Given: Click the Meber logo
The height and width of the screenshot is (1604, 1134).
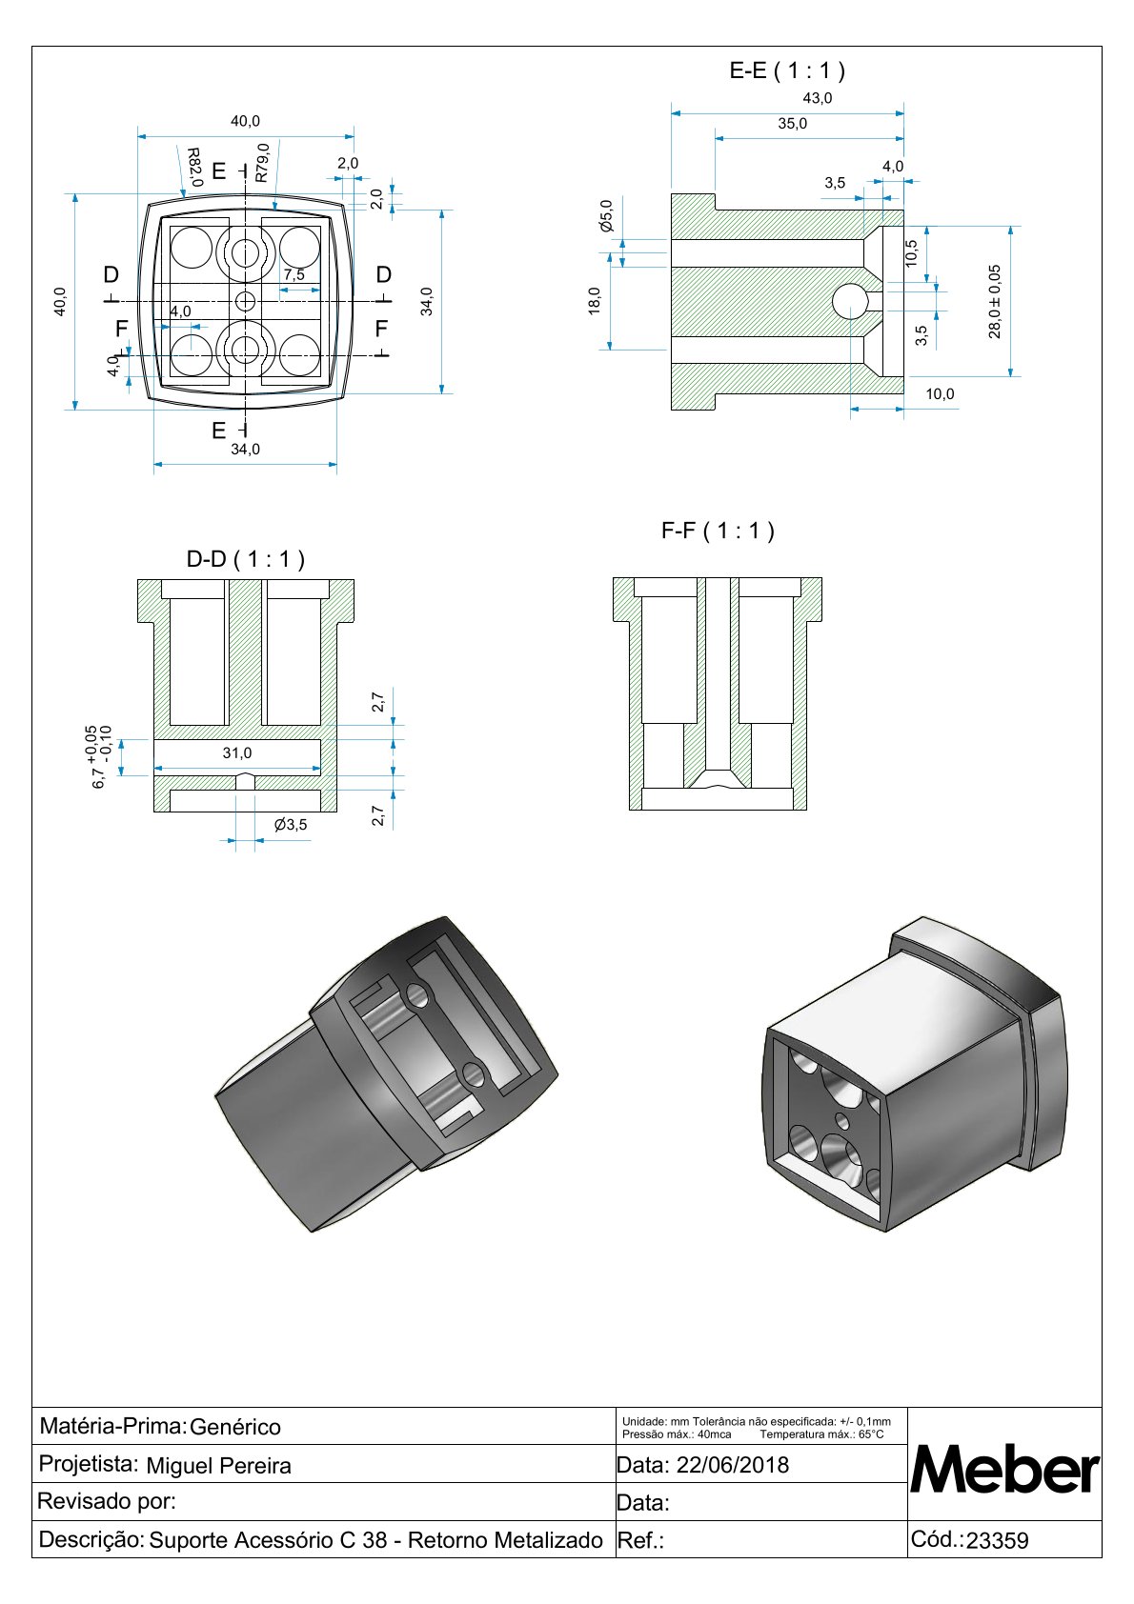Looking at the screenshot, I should point(1004,1471).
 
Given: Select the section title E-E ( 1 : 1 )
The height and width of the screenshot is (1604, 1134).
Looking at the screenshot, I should point(787,70).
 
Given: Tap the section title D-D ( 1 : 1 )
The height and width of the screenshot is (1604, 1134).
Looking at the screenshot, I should point(245,559).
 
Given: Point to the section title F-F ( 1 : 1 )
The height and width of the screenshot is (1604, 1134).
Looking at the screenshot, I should point(718,531).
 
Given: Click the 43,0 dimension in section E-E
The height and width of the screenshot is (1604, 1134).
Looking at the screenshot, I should point(818,98).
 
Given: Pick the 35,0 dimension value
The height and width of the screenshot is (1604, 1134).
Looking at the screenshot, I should point(792,124).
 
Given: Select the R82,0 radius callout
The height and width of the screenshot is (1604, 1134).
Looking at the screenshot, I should point(193,167).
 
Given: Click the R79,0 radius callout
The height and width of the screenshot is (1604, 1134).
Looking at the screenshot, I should point(262,163).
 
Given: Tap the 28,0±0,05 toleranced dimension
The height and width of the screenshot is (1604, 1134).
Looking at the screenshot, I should point(995,301).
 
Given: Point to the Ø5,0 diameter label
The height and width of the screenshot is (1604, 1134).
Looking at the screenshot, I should point(606,216).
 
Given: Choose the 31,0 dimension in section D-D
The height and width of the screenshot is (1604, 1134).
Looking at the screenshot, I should point(237,753).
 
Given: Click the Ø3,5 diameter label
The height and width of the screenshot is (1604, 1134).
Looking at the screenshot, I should point(291,825).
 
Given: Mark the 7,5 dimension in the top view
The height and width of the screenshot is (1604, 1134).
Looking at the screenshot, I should point(294,274).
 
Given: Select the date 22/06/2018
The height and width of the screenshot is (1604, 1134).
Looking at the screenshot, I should point(732,1465).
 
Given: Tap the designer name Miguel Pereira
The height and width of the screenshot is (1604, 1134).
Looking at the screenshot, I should point(218,1466).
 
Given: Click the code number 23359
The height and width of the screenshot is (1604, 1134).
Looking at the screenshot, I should point(997,1541).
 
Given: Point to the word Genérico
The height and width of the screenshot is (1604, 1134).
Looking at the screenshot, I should point(235,1427).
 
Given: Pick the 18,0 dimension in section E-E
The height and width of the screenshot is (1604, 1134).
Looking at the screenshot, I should point(595,301).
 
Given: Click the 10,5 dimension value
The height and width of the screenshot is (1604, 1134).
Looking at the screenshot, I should point(911,253).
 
